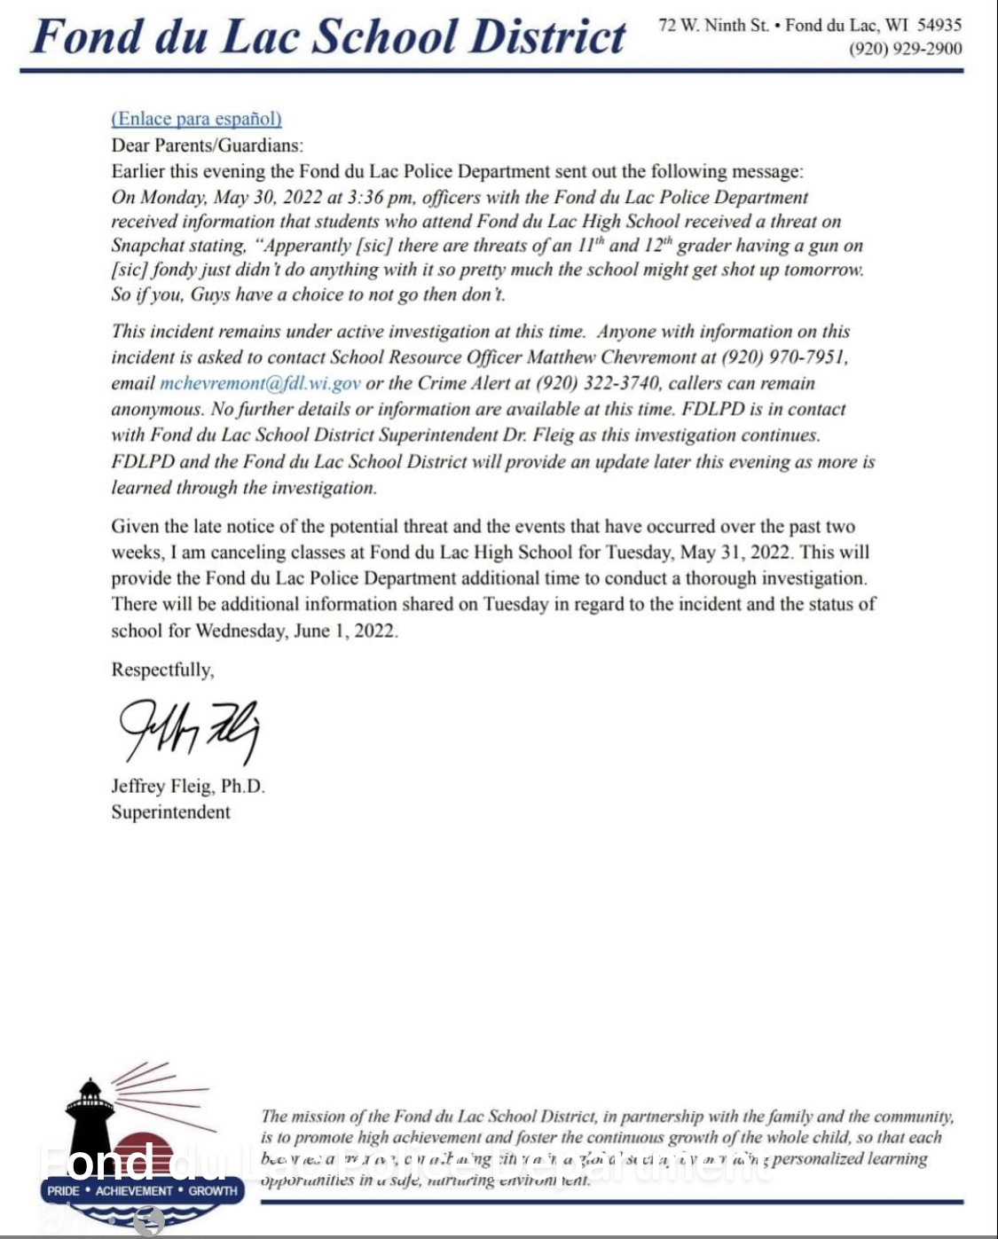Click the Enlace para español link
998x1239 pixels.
tap(196, 119)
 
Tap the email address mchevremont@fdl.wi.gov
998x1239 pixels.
tap(260, 383)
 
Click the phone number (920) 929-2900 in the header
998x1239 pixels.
tap(905, 49)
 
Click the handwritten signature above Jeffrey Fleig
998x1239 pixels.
tap(188, 730)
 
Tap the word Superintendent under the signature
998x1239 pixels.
tap(170, 812)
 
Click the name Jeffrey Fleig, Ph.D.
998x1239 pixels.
tap(188, 787)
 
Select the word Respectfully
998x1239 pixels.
tap(162, 670)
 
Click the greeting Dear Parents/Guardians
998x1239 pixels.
tap(207, 145)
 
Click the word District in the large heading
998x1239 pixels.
tap(546, 37)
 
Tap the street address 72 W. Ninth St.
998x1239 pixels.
tap(713, 25)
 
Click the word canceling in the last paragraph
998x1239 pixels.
tap(225, 553)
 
